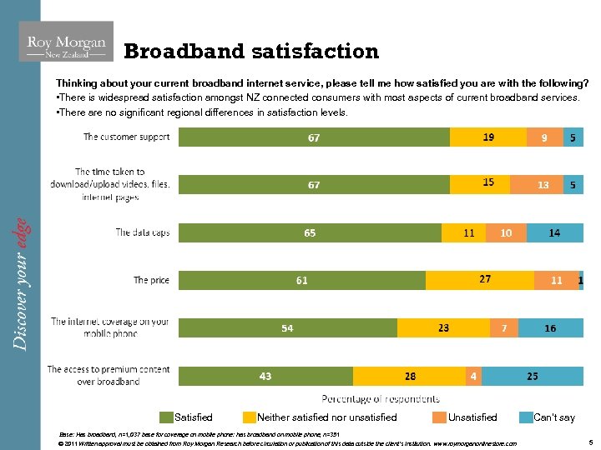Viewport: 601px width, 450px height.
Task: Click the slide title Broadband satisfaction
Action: point(251,52)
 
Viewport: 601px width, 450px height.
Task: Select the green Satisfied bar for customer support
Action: point(314,137)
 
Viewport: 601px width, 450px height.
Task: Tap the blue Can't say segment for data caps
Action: point(554,233)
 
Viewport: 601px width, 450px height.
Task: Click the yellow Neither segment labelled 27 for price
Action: point(485,280)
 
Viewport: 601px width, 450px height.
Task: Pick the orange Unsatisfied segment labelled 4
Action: point(473,376)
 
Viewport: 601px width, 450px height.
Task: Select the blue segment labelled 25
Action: point(533,376)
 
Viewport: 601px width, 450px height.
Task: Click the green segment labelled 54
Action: point(287,328)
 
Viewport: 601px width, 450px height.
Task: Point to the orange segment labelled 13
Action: point(543,184)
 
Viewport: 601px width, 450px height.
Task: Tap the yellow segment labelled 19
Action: point(488,137)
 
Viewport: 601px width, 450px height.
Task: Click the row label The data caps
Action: point(143,232)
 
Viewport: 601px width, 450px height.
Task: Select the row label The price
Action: point(151,280)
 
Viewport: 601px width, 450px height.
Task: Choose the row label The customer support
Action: point(126,137)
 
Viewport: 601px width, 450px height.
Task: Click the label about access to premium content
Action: point(109,375)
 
